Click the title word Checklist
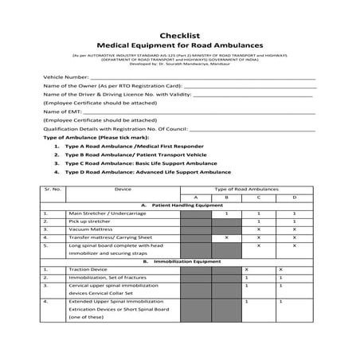pos(179,35)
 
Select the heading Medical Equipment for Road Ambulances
pos(179,46)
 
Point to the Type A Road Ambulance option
pos(119,147)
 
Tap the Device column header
pos(123,189)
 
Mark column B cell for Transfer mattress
pos(226,237)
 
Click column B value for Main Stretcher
pos(226,213)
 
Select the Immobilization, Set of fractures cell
pos(104,277)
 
